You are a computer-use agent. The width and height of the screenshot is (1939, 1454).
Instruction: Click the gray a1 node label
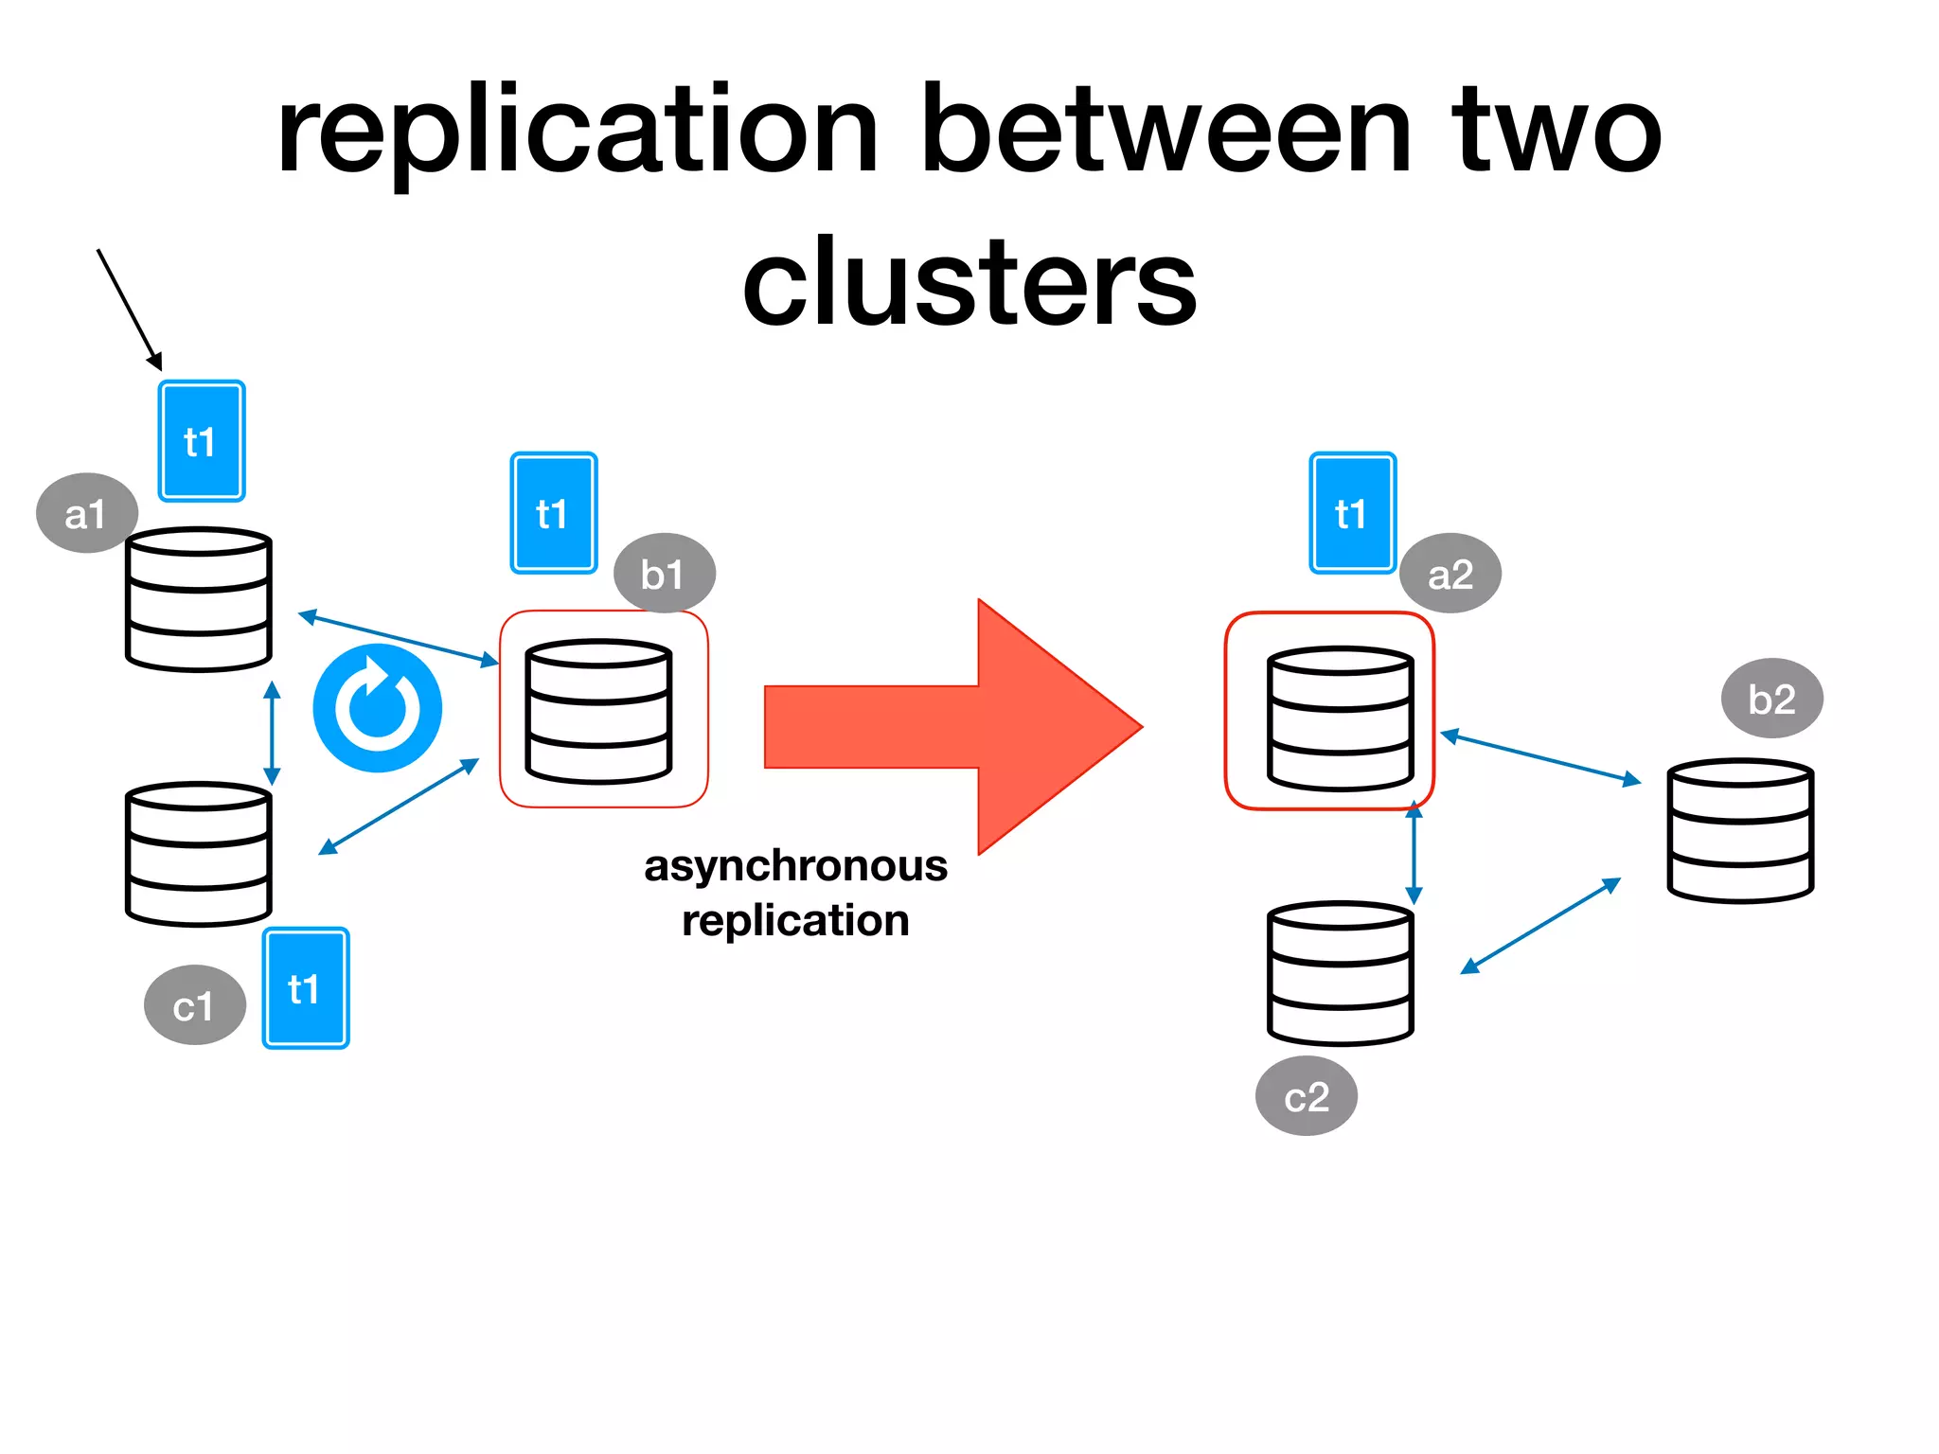(86, 513)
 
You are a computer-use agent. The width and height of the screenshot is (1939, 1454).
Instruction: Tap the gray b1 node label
(664, 574)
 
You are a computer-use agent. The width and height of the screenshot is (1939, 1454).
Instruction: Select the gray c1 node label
(194, 1005)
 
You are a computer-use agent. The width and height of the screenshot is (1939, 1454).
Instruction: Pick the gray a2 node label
(1450, 574)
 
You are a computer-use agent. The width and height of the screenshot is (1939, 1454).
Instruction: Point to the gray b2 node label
(1770, 699)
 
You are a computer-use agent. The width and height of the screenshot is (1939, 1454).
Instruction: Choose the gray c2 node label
(1306, 1096)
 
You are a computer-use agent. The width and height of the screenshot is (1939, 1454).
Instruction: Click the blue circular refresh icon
(377, 708)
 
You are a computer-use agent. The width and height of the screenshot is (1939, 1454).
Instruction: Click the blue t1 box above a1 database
(201, 441)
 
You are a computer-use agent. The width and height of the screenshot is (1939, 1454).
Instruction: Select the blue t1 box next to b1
(553, 513)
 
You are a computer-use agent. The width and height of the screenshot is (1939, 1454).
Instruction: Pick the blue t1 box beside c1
(305, 988)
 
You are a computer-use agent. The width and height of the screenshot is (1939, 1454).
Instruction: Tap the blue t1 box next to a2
(1352, 513)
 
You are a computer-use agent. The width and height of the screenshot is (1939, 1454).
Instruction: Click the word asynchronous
(795, 865)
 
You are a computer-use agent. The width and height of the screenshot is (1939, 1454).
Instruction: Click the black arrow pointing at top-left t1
(129, 309)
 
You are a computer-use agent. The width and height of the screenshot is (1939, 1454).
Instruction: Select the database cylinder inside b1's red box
(598, 712)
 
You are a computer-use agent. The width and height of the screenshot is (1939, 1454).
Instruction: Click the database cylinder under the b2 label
(1739, 830)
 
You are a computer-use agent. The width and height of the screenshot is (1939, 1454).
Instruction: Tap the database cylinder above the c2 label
(1340, 973)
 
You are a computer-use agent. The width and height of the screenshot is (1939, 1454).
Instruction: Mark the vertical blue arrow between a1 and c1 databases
(272, 733)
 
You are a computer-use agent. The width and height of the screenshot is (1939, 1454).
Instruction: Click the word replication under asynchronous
(795, 920)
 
